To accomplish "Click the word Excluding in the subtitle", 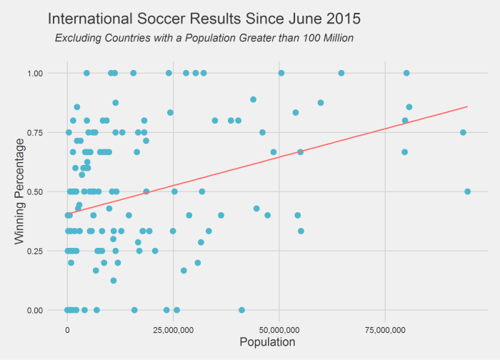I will [x=79, y=37].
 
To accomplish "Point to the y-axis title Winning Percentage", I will [x=21, y=191].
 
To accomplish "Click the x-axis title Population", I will [x=267, y=342].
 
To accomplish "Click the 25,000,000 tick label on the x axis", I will [x=174, y=329].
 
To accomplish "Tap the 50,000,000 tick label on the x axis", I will [x=279, y=329].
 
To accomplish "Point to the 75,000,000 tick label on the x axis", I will [x=386, y=329].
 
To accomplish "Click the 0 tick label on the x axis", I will [x=67, y=329].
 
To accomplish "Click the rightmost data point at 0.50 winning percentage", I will [x=467, y=191].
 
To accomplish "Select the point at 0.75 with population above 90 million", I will [x=463, y=132].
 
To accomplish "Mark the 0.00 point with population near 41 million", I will [x=241, y=310].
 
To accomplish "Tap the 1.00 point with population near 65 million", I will [x=341, y=73].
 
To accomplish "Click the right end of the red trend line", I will [x=467, y=106].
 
